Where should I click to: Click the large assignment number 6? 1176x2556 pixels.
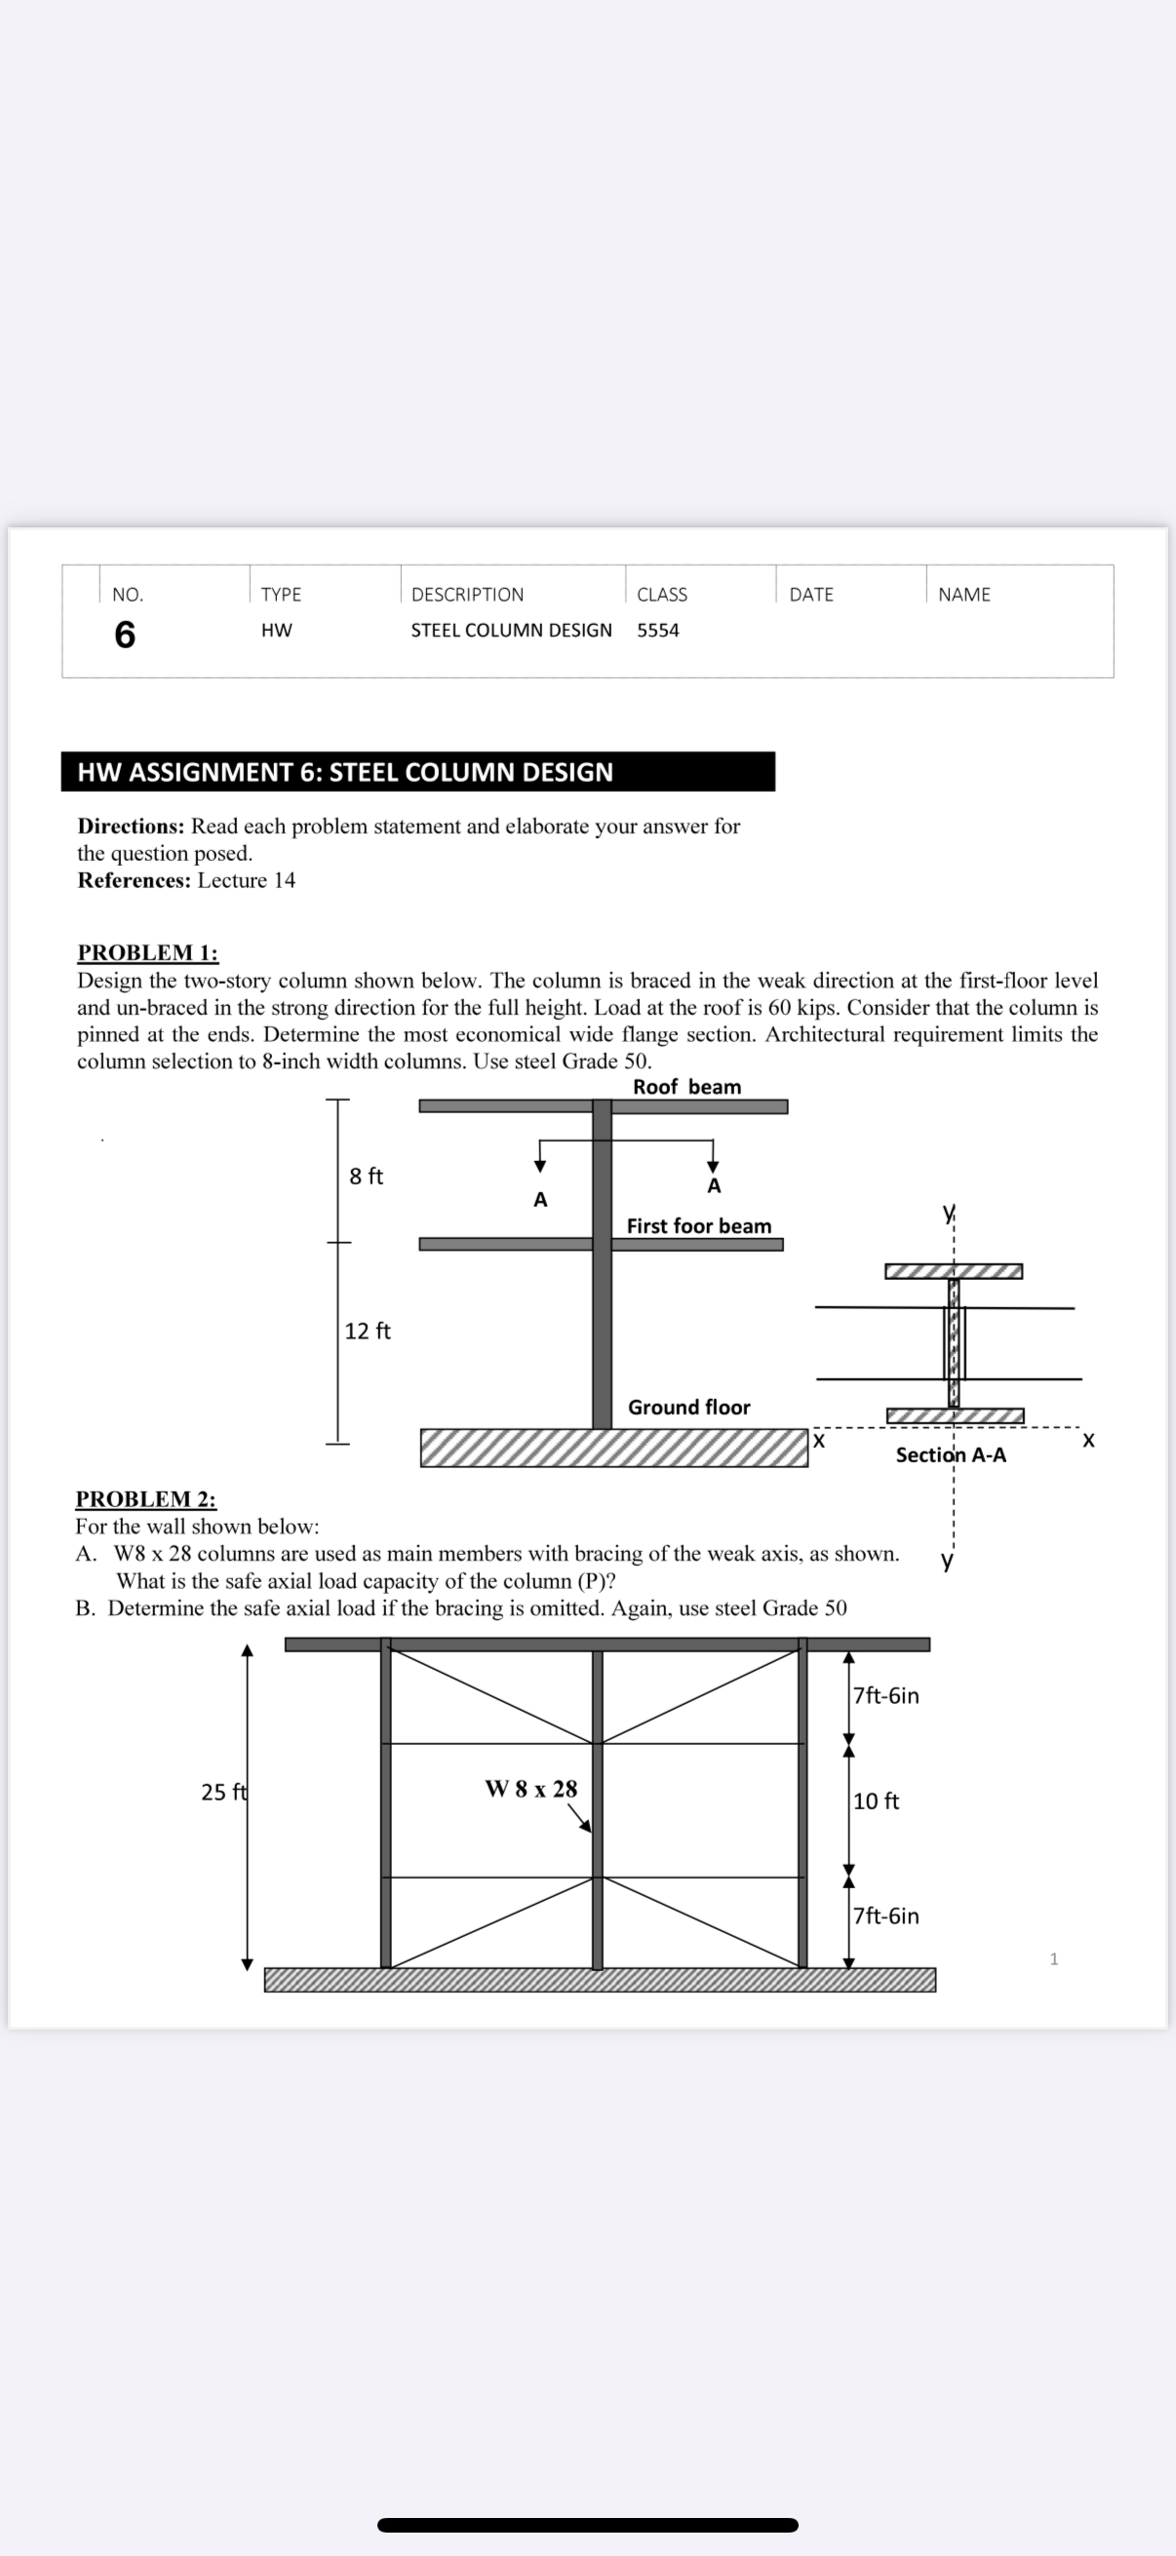[125, 634]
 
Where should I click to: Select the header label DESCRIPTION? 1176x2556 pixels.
[467, 595]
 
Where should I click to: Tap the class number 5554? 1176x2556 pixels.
[658, 630]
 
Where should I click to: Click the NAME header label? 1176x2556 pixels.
[963, 595]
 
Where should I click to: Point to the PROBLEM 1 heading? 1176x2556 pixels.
[148, 952]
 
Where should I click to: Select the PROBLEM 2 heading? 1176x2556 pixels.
[146, 1498]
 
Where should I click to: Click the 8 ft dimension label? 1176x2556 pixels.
[367, 1176]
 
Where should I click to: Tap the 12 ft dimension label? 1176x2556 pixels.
[368, 1331]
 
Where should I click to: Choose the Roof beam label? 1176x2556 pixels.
[686, 1087]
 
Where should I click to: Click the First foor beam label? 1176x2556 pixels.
[698, 1226]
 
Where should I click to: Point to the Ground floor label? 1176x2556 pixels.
[688, 1407]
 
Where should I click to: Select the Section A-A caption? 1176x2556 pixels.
[951, 1454]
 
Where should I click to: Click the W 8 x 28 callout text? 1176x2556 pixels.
[530, 1789]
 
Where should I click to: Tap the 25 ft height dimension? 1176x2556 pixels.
[223, 1792]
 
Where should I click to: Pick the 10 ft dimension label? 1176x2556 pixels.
[877, 1801]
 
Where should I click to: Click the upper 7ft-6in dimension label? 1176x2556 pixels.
[886, 1696]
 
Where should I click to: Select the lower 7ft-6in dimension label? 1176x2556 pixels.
[886, 1916]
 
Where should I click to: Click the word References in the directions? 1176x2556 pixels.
[133, 880]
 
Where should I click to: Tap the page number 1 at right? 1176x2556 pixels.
[1054, 1958]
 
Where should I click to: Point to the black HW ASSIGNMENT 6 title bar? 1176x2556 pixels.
[417, 772]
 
